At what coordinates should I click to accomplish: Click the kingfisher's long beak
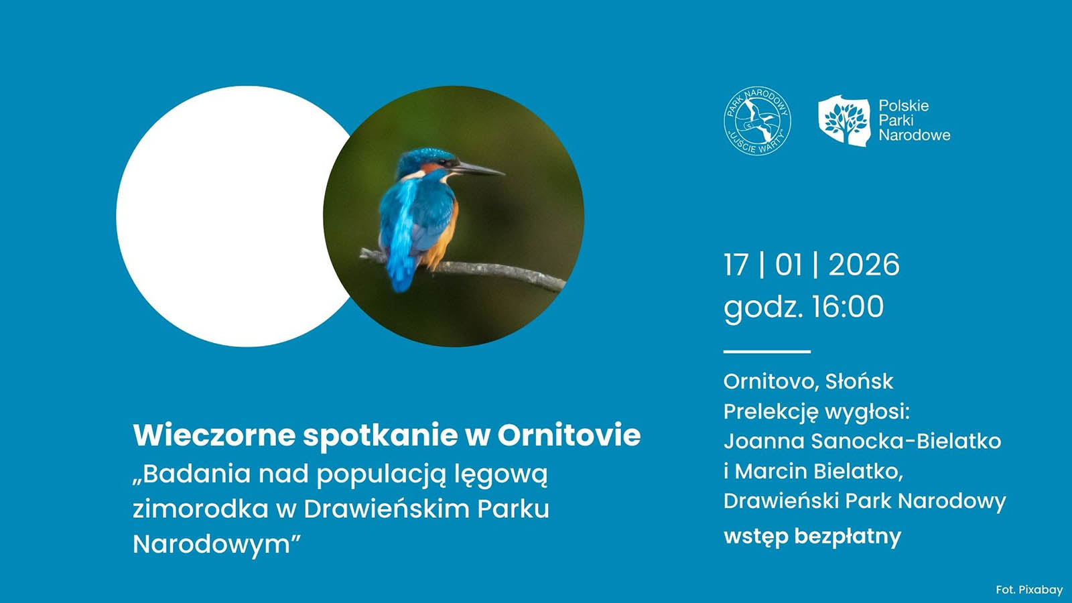478,169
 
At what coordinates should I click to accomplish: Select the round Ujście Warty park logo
757,121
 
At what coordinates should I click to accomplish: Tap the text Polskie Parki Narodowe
913,121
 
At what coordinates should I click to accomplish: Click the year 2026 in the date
864,265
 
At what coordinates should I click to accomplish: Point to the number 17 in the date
736,265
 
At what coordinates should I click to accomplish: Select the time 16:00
848,307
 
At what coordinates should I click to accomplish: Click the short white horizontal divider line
766,351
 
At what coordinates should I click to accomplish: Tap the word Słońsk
859,381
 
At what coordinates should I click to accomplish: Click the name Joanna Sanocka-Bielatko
862,441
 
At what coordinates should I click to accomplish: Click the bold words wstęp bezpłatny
812,536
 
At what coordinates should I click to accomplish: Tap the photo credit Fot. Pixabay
1029,590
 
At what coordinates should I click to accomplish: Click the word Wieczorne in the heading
214,435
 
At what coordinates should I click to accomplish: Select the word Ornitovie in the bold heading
569,435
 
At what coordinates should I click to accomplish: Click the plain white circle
228,216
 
